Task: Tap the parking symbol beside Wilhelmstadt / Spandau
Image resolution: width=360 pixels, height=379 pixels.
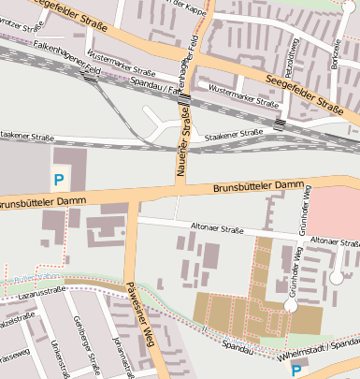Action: (x=296, y=371)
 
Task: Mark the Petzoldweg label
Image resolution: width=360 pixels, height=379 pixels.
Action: (x=291, y=55)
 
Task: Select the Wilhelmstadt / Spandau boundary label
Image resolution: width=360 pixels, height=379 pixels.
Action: (x=318, y=357)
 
